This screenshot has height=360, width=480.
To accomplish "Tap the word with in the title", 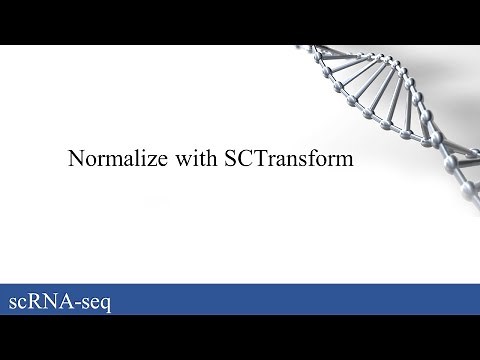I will coord(187,159).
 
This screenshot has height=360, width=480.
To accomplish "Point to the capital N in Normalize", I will coord(74,159).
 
